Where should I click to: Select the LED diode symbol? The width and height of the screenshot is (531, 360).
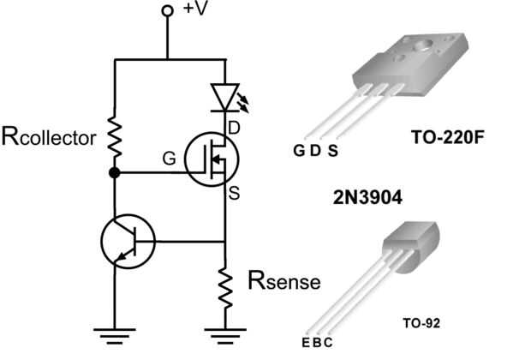224,97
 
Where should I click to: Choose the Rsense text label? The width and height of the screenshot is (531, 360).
284,280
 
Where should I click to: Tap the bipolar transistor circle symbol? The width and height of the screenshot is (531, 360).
127,241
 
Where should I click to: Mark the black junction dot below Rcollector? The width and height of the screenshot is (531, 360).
115,173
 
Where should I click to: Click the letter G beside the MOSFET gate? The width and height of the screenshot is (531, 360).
170,159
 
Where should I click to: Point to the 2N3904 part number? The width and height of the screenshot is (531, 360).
367,195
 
